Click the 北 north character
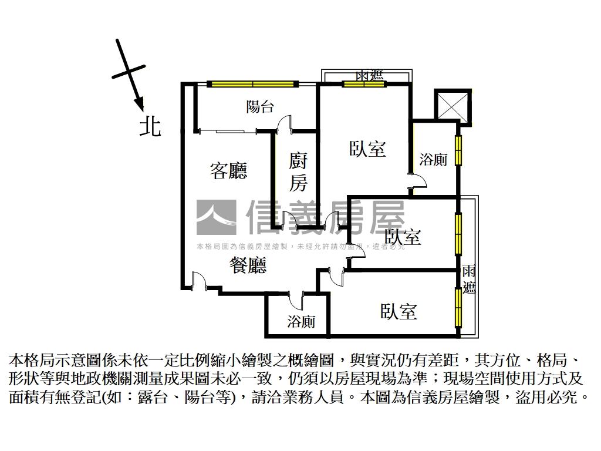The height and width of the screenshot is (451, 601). point(150,126)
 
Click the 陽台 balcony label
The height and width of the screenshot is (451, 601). point(259,107)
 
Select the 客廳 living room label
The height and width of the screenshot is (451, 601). point(228,170)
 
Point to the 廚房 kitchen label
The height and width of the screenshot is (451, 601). point(298,172)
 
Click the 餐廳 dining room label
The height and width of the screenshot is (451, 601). point(247,266)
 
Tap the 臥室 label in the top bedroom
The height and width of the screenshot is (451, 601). point(367,149)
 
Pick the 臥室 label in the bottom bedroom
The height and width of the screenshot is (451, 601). point(398,311)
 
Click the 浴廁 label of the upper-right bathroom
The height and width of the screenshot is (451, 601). point(434,159)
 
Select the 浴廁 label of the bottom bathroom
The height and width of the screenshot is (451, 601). point(301,321)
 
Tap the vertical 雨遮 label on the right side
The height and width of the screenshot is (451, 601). point(468,279)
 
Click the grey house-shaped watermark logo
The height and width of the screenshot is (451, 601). point(215,218)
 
